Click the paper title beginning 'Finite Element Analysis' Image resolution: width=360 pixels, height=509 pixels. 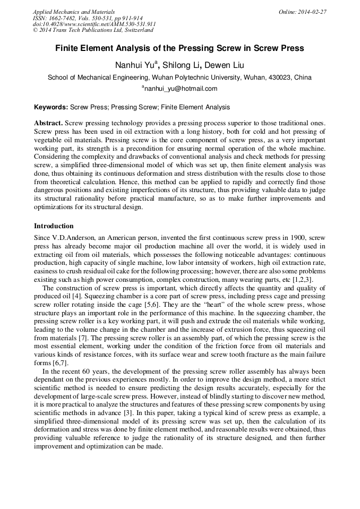click(x=179, y=48)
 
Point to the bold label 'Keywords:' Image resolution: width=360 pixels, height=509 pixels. click(x=51, y=107)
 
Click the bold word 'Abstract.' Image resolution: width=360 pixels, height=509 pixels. click(x=49, y=122)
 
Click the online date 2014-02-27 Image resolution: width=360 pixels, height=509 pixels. click(x=313, y=12)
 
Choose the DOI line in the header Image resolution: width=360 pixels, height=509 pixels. click(x=94, y=24)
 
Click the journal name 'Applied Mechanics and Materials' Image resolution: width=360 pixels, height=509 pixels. click(x=73, y=12)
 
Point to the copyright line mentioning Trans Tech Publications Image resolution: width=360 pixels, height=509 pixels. click(x=93, y=31)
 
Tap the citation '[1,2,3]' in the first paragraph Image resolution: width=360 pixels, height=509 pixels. click(x=303, y=279)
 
